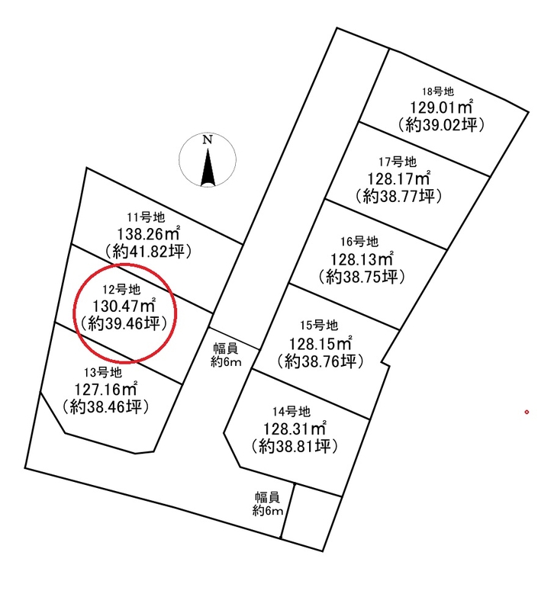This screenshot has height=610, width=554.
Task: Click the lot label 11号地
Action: [x=146, y=217]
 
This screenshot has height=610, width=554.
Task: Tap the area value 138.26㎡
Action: [x=148, y=234]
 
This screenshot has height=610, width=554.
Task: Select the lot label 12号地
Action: [x=121, y=290]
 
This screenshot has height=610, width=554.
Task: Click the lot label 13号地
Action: [x=103, y=373]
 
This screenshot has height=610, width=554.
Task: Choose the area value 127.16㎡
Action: [x=105, y=390]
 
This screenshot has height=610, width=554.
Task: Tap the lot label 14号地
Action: [x=291, y=412]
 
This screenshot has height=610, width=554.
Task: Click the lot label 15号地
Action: [x=319, y=326]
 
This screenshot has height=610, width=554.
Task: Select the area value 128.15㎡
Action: [x=320, y=344]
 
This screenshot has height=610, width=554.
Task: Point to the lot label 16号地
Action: [x=359, y=242]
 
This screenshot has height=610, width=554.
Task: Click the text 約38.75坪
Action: [x=362, y=277]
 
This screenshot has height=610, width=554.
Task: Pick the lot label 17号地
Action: [x=398, y=162]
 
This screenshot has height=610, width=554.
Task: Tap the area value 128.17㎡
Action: [x=399, y=179]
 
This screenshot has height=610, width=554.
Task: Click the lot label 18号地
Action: [x=438, y=91]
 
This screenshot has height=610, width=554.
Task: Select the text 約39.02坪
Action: [x=441, y=125]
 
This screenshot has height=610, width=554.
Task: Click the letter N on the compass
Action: [x=208, y=140]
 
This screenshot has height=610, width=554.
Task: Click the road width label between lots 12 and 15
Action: [x=226, y=355]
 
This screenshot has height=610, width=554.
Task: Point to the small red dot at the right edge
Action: [x=527, y=413]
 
